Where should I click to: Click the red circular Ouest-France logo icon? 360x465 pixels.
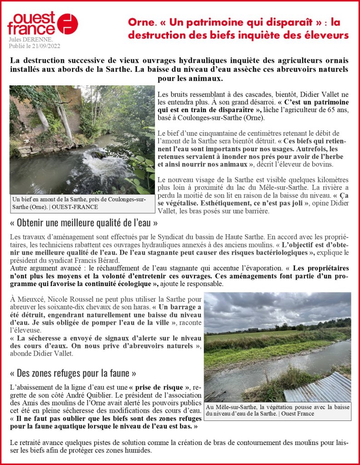pyautogui.click(x=67, y=24)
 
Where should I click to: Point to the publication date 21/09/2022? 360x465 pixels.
pyautogui.click(x=45, y=46)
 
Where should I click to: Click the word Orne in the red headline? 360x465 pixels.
pyautogui.click(x=139, y=22)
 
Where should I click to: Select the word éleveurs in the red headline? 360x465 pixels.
pyautogui.click(x=326, y=35)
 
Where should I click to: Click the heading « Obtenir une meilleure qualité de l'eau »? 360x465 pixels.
pyautogui.click(x=84, y=223)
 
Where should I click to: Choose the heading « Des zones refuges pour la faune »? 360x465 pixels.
pyautogui.click(x=73, y=373)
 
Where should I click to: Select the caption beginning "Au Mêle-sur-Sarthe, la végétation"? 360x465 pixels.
pyautogui.click(x=277, y=410)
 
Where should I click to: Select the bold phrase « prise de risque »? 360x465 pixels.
pyautogui.click(x=156, y=387)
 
